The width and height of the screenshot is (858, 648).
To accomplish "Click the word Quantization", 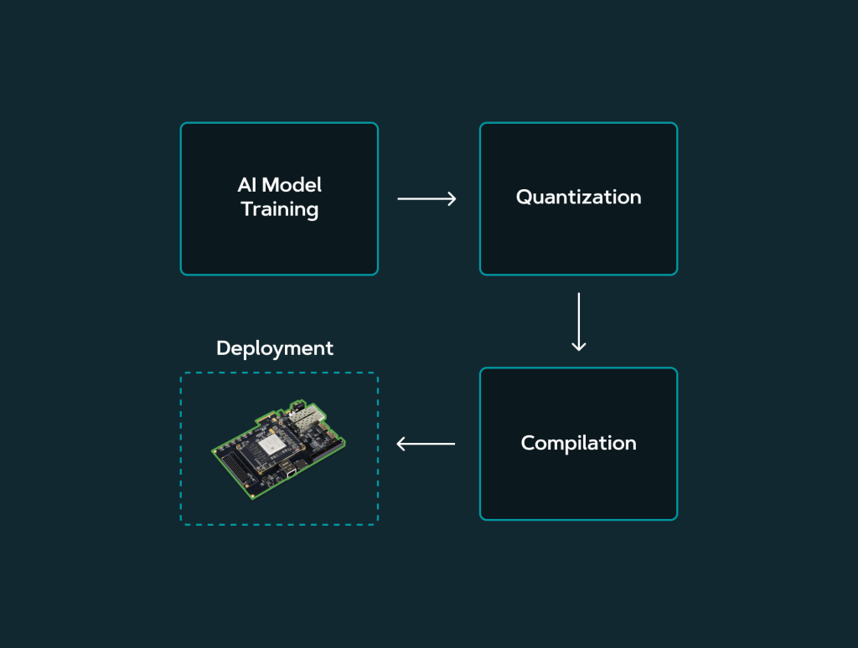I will click(578, 198).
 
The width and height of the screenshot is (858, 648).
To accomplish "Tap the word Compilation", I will click(578, 443).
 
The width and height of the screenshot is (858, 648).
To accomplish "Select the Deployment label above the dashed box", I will click(275, 348).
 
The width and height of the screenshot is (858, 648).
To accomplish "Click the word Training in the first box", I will click(280, 209).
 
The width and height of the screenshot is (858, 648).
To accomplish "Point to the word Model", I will click(291, 185).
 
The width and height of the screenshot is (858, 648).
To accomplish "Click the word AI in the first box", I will click(247, 185).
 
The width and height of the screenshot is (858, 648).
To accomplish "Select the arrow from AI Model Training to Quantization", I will click(426, 198).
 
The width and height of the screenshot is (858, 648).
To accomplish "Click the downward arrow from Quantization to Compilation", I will click(578, 321).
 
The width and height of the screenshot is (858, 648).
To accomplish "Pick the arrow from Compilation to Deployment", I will click(426, 444).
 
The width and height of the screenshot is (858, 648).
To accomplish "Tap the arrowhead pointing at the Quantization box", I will click(452, 198).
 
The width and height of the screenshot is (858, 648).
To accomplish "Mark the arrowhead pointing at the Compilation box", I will click(578, 346).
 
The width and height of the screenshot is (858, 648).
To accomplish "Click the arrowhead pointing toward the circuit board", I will click(401, 444).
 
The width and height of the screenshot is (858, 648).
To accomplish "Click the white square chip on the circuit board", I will click(271, 445).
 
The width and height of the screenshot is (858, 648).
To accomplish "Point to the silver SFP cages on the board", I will click(308, 416).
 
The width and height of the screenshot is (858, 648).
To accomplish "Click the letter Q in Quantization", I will click(525, 198).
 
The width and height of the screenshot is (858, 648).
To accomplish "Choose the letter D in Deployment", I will click(224, 348).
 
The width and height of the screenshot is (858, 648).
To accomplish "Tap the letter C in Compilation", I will click(529, 443).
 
